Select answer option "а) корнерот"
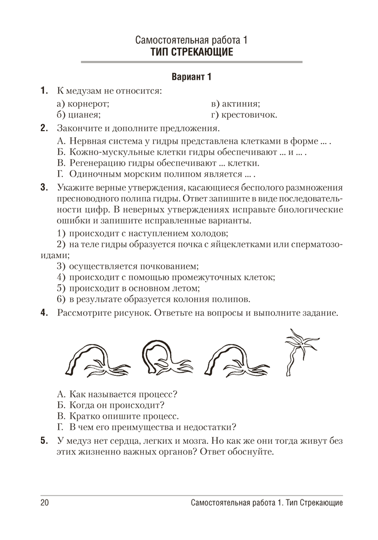pyautogui.click(x=83, y=103)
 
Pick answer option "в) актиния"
pyautogui.click(x=235, y=103)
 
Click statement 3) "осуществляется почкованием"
pyautogui.click(x=127, y=266)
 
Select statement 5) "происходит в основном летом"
pyautogui.click(x=127, y=288)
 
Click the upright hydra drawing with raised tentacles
pyautogui.click(x=296, y=351)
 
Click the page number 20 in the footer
pyautogui.click(x=44, y=503)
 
